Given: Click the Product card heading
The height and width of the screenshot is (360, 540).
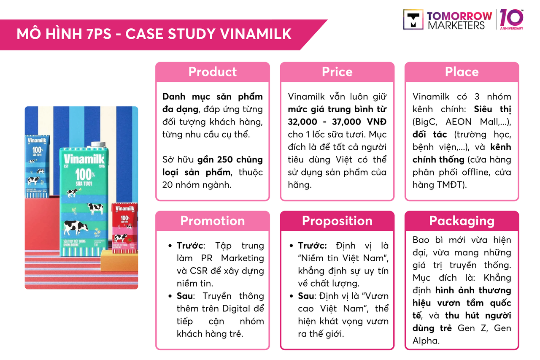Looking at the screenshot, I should (213, 72).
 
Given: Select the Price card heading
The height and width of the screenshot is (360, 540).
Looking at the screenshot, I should (337, 72).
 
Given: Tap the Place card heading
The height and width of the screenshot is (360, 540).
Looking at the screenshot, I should (462, 72).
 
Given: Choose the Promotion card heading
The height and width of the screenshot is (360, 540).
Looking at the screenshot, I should (213, 221).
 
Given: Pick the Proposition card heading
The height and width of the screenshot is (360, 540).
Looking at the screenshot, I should (337, 221).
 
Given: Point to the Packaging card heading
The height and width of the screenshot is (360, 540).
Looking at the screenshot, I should (462, 221).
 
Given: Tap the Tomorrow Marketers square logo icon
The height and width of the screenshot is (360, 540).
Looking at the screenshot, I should (413, 19).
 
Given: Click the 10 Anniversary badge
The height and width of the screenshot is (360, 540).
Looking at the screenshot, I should (512, 19).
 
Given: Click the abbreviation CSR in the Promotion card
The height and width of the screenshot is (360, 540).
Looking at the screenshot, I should (185, 271).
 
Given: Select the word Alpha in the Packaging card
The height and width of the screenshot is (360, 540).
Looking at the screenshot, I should (426, 341).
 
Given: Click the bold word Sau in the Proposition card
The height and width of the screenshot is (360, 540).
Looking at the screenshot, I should (306, 296).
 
